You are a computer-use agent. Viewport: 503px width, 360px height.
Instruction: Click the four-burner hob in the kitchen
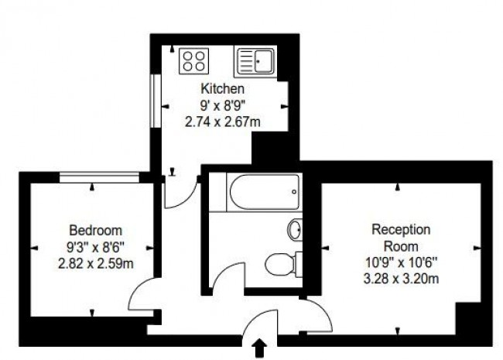193,60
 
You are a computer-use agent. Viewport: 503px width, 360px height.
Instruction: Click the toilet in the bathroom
281,264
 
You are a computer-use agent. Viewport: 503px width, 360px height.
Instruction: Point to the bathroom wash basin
295,229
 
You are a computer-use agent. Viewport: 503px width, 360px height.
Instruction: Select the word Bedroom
95,230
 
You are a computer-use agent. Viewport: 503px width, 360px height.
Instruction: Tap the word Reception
401,229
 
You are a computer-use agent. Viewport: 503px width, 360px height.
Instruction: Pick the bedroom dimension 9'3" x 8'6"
95,246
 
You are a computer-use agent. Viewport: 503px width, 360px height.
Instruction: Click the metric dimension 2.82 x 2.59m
95,262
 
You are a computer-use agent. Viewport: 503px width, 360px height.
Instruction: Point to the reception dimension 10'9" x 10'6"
401,262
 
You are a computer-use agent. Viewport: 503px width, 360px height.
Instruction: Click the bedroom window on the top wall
99,177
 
